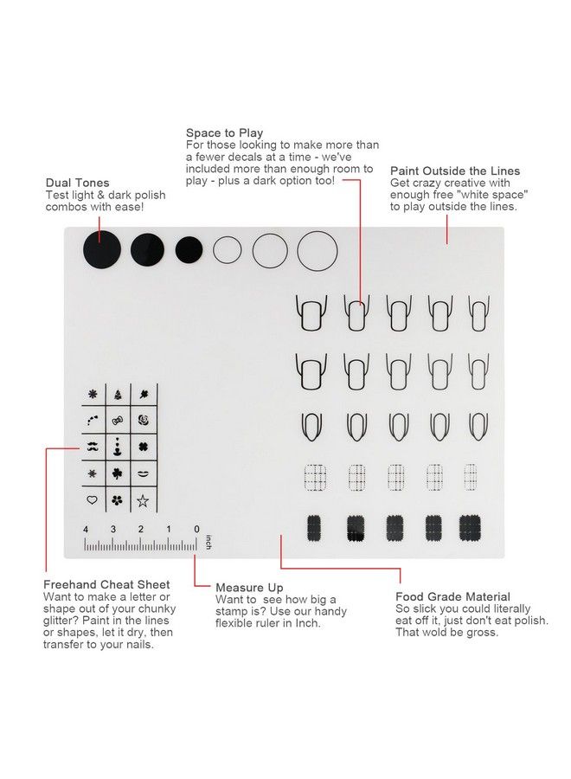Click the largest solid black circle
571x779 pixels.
[102, 251]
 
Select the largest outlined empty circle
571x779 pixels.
[318, 251]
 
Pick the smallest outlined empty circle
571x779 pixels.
[228, 250]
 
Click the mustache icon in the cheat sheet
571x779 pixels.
[93, 447]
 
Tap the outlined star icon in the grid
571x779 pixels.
[143, 500]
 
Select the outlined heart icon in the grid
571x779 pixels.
[92, 500]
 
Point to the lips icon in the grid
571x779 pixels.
[143, 474]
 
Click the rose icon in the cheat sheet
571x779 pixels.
[143, 421]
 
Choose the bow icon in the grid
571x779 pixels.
[118, 421]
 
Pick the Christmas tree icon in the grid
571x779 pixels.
[118, 395]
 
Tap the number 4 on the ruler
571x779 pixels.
[86, 529]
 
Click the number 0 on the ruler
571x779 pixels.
[196, 529]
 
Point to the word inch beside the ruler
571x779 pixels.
[208, 544]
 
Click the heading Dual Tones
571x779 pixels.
[77, 183]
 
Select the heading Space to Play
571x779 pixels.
[224, 133]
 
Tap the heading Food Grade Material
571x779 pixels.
[452, 596]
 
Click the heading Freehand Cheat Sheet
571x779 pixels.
[106, 585]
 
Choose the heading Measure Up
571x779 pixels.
[249, 588]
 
